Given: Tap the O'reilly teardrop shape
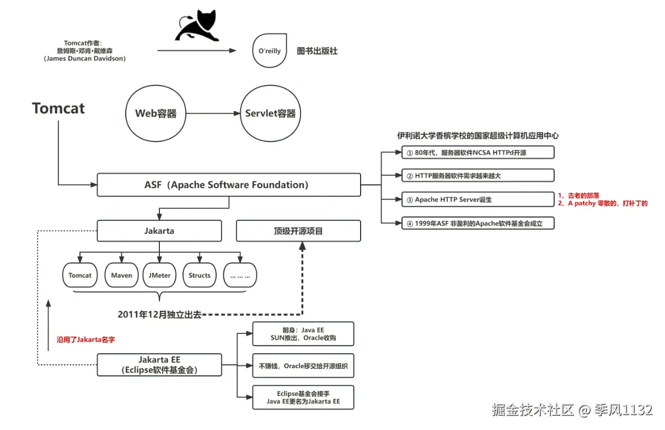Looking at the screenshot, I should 270,51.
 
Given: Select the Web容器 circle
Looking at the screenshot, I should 156,114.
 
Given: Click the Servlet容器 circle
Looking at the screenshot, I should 270,114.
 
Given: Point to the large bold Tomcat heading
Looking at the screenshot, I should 58,108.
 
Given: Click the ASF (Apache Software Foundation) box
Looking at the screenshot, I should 228,185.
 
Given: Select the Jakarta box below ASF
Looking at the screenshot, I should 159,231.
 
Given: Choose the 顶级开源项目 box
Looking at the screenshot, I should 298,231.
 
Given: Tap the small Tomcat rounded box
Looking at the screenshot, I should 80,275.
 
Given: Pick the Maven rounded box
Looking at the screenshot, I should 122,275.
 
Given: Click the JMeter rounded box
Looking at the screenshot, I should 159,275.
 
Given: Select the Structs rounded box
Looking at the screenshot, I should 200,275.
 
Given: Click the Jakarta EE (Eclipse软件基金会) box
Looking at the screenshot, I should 159,365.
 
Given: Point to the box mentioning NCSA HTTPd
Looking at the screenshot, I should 478,152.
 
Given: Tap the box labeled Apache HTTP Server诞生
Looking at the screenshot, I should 478,199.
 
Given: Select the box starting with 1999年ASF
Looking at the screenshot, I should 478,224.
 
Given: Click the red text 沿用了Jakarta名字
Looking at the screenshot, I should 86,340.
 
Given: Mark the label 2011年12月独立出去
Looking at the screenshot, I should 159,314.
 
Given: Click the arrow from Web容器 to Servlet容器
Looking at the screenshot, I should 213,114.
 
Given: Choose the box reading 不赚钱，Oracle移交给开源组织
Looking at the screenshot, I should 303,365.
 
